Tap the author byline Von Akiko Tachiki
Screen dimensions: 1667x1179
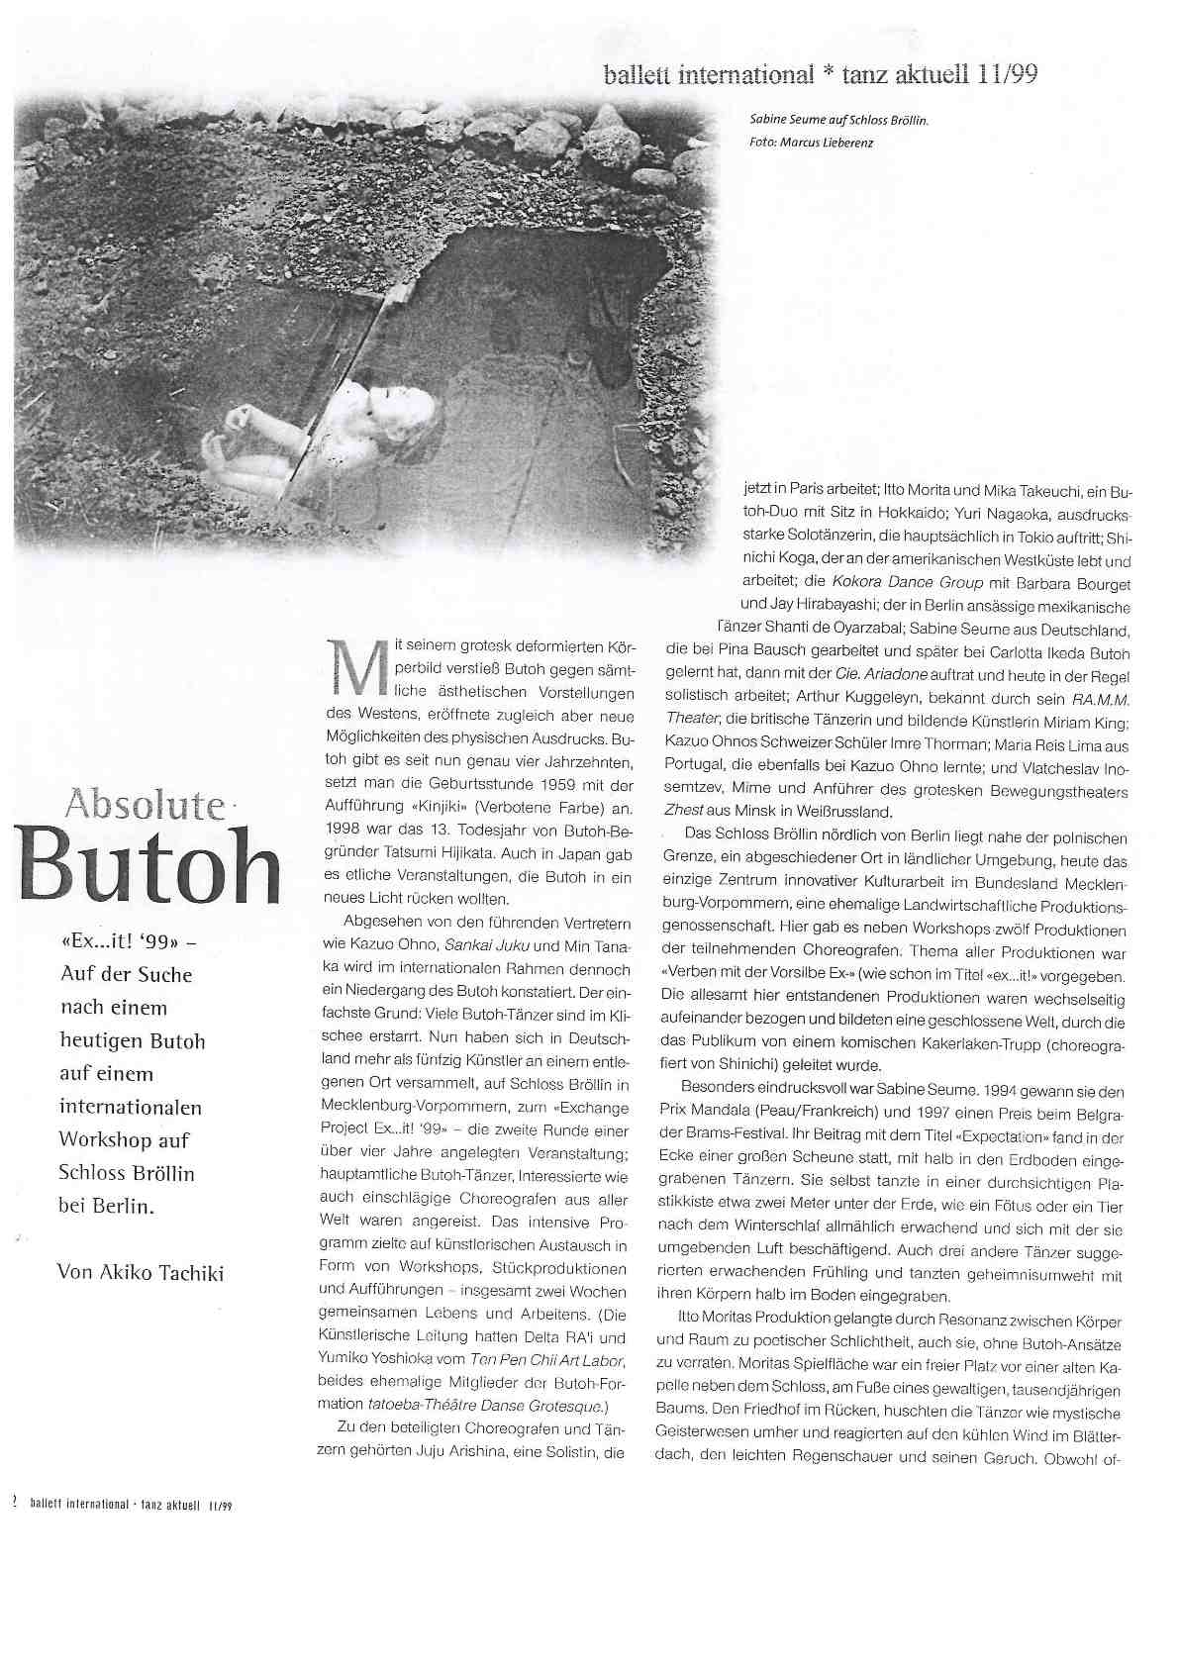coord(141,1272)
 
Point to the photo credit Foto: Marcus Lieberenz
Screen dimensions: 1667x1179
coord(812,142)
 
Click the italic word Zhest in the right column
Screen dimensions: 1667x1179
coord(679,811)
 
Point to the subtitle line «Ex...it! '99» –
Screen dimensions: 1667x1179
coord(128,941)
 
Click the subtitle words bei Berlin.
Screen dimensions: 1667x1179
coord(108,1207)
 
